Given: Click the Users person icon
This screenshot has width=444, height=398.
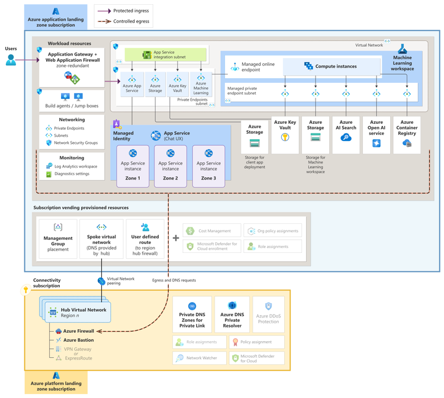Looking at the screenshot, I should pyautogui.click(x=10, y=60).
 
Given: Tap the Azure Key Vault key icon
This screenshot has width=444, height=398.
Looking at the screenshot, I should pyautogui.click(x=285, y=137).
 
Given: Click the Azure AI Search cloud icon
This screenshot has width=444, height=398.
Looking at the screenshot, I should pyautogui.click(x=346, y=137).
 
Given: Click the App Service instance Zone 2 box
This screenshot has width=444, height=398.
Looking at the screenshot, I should pyautogui.click(x=170, y=165).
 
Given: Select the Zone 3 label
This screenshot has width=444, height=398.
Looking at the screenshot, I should pyautogui.click(x=208, y=178).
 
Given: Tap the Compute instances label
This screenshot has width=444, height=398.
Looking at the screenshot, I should pyautogui.click(x=336, y=66).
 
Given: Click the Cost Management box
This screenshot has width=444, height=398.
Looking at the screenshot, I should pyautogui.click(x=211, y=230).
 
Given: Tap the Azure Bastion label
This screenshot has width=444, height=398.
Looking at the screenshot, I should pyautogui.click(x=79, y=340).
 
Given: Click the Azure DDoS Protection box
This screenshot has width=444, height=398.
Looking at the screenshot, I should pyautogui.click(x=268, y=314).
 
